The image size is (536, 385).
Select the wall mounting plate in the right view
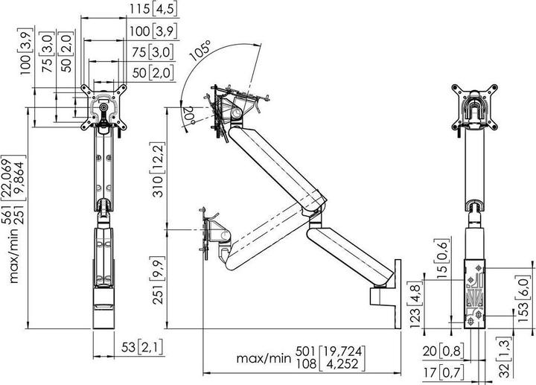473,291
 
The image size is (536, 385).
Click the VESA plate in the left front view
103,106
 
